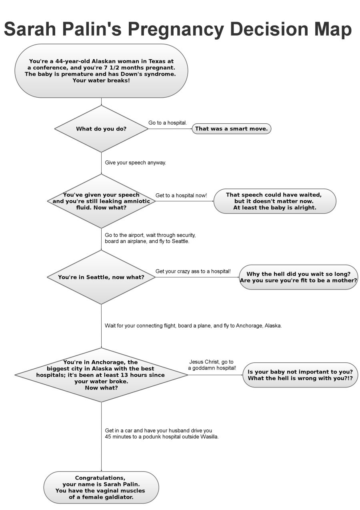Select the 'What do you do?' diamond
(101, 129)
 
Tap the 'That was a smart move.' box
(232, 129)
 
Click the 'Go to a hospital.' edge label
(168, 123)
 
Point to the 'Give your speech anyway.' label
(135, 163)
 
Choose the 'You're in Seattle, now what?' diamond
(101, 277)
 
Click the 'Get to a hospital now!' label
(181, 195)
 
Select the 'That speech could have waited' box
(275, 201)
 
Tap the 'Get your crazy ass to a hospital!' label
(193, 271)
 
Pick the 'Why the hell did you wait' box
(298, 277)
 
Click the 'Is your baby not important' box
(300, 375)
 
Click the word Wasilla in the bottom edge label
(209, 437)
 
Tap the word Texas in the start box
(158, 61)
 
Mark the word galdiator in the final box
(118, 497)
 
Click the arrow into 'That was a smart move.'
(170, 129)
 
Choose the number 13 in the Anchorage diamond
(128, 375)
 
